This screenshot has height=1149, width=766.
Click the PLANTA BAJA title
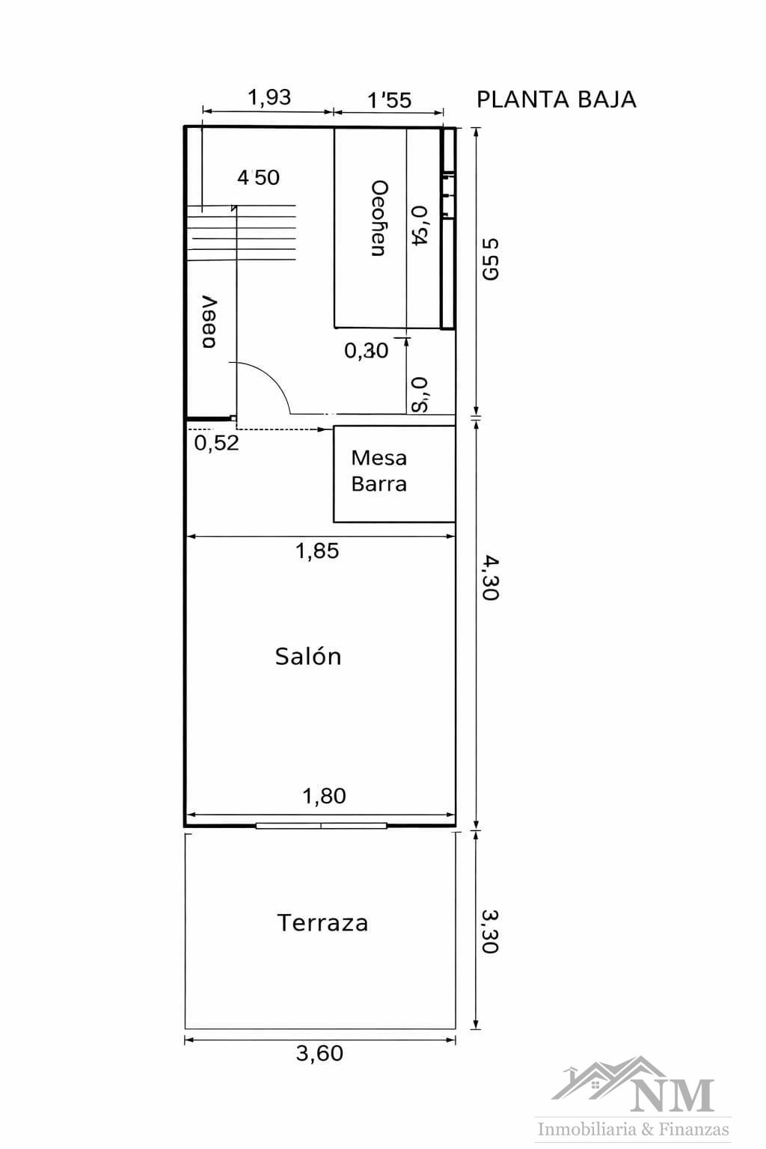click(556, 99)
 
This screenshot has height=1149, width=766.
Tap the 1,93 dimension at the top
click(269, 97)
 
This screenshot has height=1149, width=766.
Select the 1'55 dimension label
click(389, 100)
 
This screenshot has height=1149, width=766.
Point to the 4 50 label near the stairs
click(258, 177)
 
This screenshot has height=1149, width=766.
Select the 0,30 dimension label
click(366, 350)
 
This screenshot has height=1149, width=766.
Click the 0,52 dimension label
click(216, 443)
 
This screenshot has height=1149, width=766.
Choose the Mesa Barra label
click(379, 471)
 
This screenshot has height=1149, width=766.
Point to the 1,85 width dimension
click(317, 551)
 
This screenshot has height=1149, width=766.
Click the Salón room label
click(308, 656)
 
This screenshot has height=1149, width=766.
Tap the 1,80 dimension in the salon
click(323, 796)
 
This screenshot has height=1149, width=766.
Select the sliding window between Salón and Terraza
click(321, 826)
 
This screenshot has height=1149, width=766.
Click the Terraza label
click(322, 923)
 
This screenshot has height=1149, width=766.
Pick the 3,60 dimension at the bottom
click(319, 1053)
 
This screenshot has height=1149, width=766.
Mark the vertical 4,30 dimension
click(490, 577)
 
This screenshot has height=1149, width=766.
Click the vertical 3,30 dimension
click(490, 931)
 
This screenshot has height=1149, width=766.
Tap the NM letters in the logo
click(672, 1095)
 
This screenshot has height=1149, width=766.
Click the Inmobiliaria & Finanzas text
click(634, 1129)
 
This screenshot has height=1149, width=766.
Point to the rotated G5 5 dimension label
click(490, 259)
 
